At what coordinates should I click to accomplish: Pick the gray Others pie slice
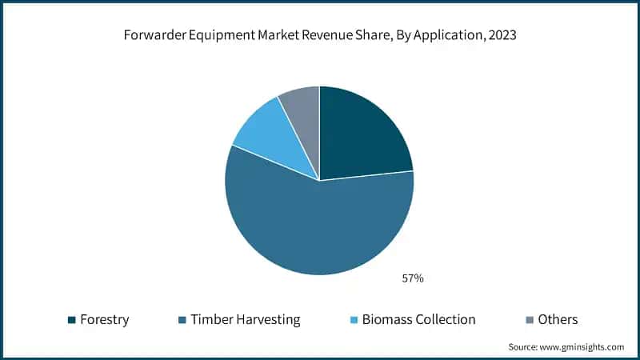coord(303,108)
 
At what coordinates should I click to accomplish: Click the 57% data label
coord(412,278)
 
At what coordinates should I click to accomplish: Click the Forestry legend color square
coord(72,320)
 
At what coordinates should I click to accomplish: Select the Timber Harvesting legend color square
coord(182,320)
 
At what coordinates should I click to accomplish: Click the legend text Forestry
coord(104,320)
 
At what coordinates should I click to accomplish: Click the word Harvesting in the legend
coord(268,320)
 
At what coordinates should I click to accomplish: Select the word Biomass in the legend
coord(387,320)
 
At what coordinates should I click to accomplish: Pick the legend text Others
coord(558,320)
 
